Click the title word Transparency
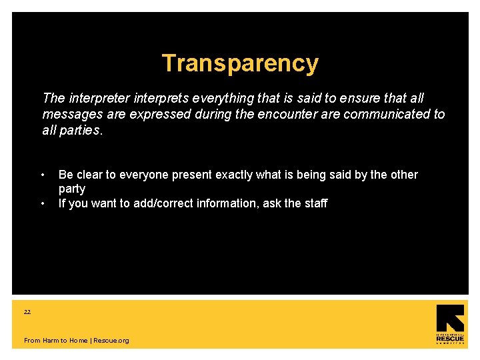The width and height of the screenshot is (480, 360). tap(240, 63)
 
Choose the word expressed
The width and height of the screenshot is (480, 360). tap(159, 114)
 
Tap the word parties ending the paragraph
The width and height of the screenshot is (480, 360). tap(81, 130)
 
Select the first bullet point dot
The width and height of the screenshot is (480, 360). tap(43, 175)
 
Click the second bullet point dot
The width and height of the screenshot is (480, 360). tap(43, 203)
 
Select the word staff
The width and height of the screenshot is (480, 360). tap(314, 203)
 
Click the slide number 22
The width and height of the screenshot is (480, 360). tap(27, 311)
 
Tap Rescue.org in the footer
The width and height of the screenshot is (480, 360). tap(111, 341)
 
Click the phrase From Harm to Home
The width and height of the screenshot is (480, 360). tap(55, 341)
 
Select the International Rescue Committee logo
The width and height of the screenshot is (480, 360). tap(450, 325)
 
